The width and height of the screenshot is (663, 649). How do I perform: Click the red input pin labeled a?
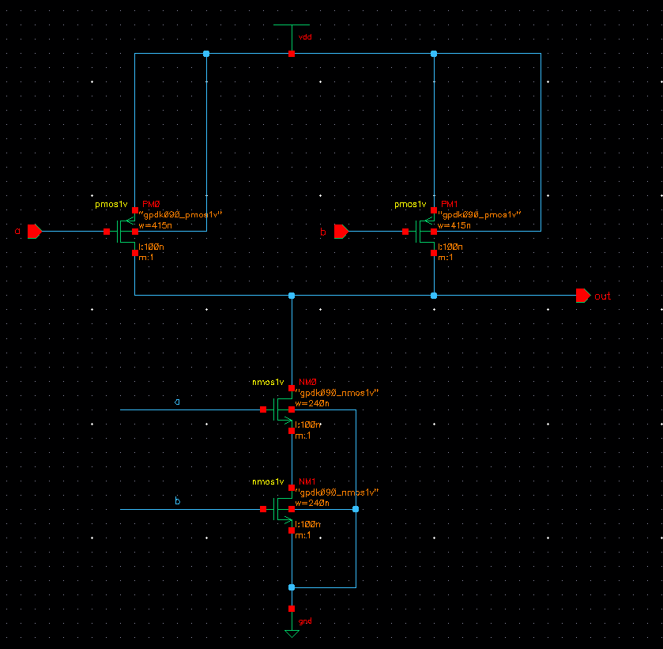[34, 231]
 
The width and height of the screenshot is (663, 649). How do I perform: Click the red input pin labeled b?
[341, 231]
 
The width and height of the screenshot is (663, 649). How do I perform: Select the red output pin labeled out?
[583, 296]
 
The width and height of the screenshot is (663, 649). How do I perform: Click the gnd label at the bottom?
[305, 621]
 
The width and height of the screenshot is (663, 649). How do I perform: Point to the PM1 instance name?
[448, 204]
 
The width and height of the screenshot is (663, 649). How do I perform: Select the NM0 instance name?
[307, 383]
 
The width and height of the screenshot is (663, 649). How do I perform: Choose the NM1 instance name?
[307, 482]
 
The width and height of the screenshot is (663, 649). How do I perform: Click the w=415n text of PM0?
[156, 225]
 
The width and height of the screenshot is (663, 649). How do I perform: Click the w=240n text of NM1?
[312, 503]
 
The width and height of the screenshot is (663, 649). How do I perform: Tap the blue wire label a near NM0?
[177, 402]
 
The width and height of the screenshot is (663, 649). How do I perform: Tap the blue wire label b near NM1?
[177, 502]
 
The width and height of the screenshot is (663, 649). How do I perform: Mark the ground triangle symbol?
[292, 633]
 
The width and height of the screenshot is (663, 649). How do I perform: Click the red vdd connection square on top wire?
[292, 54]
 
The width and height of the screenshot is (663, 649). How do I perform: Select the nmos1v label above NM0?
[267, 383]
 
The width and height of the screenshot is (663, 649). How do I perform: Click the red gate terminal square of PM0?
[107, 232]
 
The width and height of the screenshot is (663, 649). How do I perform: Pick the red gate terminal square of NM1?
[263, 509]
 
